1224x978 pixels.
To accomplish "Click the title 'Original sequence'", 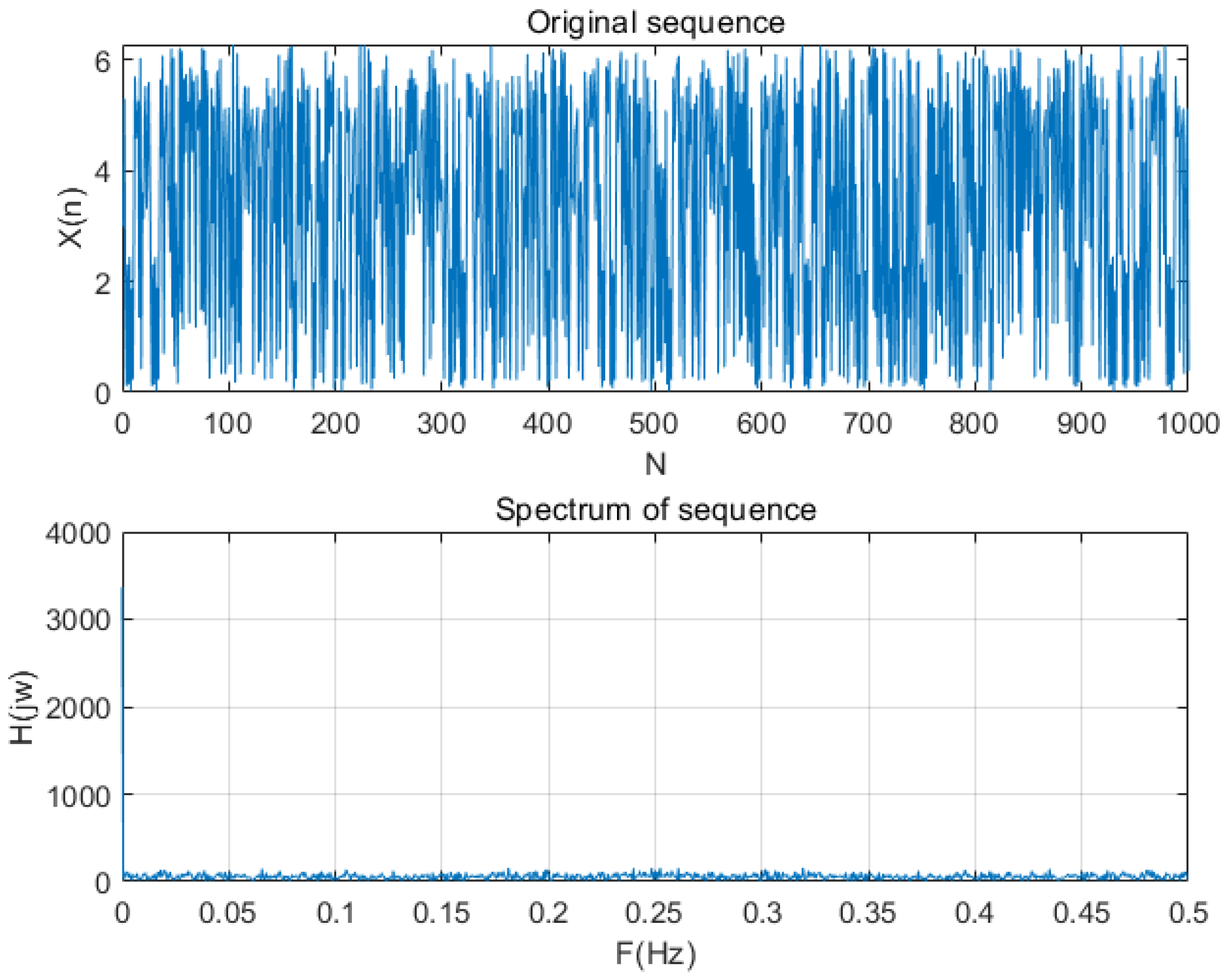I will [x=655, y=23].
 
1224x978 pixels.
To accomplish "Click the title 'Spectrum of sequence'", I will [x=655, y=509].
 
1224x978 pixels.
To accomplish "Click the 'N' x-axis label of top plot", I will [x=655, y=465].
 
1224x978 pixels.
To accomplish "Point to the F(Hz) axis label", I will [x=655, y=953].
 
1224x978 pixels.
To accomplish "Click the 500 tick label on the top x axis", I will [x=653, y=424].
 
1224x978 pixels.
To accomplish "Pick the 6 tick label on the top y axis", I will [x=102, y=61].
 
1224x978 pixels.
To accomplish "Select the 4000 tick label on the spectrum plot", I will [x=78, y=534].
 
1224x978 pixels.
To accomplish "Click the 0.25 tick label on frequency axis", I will [x=653, y=913].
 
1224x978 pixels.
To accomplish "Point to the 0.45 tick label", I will [x=1081, y=913].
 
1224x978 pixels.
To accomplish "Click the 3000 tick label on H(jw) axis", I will [x=78, y=620].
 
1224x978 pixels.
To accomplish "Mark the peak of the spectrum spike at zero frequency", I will [x=123, y=588].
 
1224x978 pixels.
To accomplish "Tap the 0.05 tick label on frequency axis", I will [x=228, y=913].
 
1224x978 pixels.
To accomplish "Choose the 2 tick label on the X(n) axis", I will [x=102, y=284].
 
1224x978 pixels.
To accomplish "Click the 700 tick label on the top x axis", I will [x=867, y=424].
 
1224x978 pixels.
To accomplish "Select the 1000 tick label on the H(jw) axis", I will [x=78, y=797].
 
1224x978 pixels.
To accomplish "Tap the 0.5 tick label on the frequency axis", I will [x=1187, y=913].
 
